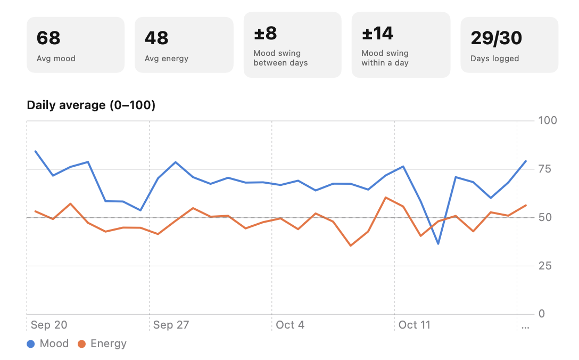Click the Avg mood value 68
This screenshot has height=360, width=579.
click(x=48, y=38)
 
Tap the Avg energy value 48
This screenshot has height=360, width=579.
click(x=156, y=38)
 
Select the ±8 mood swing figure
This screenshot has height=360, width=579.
click(x=266, y=33)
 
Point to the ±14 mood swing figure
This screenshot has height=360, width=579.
click(x=377, y=33)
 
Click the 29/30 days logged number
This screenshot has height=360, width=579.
click(x=497, y=38)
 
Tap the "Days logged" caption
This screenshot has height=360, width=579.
click(x=495, y=59)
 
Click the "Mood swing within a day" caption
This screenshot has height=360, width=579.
click(x=385, y=58)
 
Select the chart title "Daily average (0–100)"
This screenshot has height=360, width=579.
click(x=91, y=105)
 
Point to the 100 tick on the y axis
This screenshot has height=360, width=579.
click(x=548, y=120)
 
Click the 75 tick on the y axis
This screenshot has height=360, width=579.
click(x=544, y=169)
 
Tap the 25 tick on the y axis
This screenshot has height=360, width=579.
click(x=544, y=266)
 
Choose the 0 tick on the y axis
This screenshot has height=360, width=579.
click(x=542, y=314)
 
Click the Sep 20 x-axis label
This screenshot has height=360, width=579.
click(x=49, y=325)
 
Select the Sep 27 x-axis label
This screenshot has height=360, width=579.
click(x=171, y=325)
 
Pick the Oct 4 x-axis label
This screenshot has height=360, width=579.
click(x=290, y=325)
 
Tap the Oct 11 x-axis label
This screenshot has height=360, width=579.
click(x=415, y=325)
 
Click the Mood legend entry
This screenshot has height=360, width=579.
click(x=48, y=343)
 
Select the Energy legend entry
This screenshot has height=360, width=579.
click(x=102, y=343)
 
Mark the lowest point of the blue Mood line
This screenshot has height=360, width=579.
click(x=439, y=244)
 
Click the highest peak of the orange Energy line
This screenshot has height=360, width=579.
click(x=385, y=198)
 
